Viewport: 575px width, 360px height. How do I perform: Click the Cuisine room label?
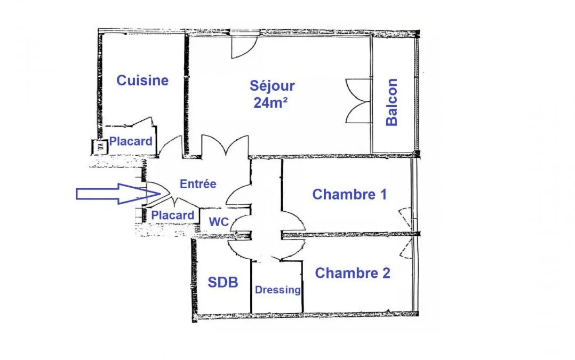[x=142, y=81]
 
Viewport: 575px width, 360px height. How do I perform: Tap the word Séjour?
[x=272, y=86]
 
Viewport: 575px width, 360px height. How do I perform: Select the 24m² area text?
[x=270, y=103]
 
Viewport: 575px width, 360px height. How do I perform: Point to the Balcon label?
[x=392, y=102]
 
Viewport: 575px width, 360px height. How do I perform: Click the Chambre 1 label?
[x=349, y=194]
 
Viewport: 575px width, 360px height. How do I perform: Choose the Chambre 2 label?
[x=353, y=273]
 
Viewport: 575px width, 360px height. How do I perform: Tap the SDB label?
[x=223, y=282]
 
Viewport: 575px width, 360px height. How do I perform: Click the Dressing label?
[x=277, y=290]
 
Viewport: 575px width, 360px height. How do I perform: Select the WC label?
[x=219, y=222]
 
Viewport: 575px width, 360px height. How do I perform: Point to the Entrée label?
[x=198, y=183]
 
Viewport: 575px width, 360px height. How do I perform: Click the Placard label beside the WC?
[x=173, y=215]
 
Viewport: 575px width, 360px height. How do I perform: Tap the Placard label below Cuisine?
[x=131, y=141]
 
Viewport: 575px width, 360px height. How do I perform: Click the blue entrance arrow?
[x=118, y=194]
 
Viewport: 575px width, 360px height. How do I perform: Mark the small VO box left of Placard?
[x=99, y=147]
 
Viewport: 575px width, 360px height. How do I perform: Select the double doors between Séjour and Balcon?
[x=358, y=101]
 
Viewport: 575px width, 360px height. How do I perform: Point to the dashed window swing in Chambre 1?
[x=405, y=219]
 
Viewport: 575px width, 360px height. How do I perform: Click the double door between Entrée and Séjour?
[x=225, y=146]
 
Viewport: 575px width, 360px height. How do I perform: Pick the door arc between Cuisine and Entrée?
[x=171, y=146]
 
